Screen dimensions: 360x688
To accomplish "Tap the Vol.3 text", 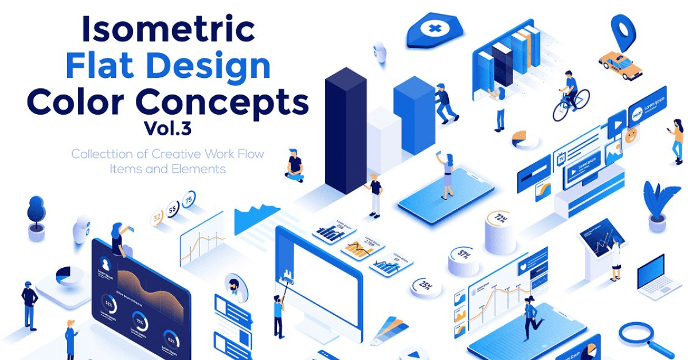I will [167, 128].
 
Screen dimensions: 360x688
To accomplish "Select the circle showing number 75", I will [189, 200].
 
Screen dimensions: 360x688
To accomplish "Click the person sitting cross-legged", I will [295, 166].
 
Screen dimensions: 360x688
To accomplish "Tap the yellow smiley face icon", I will [631, 136].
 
